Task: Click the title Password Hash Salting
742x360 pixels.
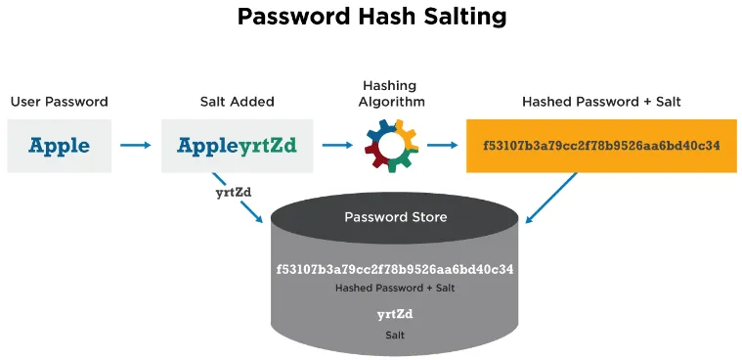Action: point(371,18)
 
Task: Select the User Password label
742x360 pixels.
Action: point(59,102)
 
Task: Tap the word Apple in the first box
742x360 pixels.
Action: point(59,146)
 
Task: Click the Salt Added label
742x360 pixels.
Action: point(237,102)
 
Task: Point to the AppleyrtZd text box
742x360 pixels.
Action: point(237,146)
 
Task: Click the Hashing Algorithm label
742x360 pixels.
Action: point(391,94)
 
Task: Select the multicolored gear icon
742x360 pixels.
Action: point(391,146)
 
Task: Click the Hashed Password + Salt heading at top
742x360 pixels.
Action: point(600,102)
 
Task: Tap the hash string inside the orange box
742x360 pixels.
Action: point(600,146)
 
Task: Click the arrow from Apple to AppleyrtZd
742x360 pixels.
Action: point(135,146)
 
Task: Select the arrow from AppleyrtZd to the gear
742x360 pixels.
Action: point(337,146)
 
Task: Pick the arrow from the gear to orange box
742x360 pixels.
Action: point(443,146)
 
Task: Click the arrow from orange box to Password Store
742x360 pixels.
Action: point(552,196)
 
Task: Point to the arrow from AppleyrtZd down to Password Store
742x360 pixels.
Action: point(240,201)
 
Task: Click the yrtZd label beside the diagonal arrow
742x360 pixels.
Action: point(233,192)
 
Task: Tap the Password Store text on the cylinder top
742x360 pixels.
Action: point(395,216)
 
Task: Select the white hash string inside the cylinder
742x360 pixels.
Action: point(395,268)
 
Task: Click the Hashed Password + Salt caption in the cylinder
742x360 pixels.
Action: point(395,289)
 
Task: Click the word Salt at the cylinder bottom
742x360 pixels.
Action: point(395,335)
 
